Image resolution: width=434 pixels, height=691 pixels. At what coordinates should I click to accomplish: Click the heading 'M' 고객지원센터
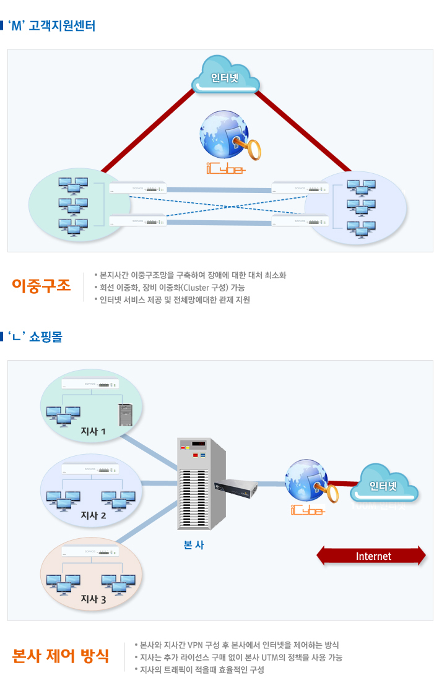point(54,27)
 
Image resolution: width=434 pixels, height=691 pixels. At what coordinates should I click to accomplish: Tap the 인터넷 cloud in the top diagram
point(225,77)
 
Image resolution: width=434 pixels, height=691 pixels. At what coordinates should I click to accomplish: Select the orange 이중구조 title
point(41,285)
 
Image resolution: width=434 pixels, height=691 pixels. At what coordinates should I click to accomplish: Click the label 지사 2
point(93,515)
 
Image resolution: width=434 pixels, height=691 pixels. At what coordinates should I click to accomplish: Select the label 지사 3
point(93,599)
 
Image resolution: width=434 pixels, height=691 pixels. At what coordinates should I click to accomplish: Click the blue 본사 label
point(194,545)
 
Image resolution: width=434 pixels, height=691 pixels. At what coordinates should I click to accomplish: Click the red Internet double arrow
point(371,556)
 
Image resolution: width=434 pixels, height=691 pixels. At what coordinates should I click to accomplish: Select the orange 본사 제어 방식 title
point(61,656)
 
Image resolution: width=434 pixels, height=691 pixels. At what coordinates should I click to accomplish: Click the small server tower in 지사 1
point(126,414)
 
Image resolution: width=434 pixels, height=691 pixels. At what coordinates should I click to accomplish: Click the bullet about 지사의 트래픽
point(202,670)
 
